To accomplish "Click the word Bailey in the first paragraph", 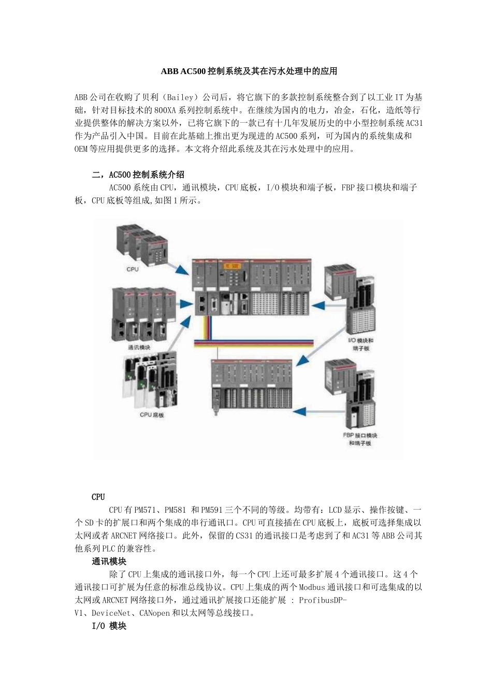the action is tap(181, 97).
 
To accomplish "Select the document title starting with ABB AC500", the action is tap(249, 71).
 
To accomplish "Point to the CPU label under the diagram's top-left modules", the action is tap(133, 269).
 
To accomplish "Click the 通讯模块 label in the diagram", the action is tap(139, 347).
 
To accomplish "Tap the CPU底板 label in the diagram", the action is tap(152, 415).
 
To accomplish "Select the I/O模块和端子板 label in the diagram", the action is tap(360, 344).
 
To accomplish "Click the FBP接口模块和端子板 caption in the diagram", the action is tap(360, 439).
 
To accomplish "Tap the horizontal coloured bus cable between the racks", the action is tap(253, 343).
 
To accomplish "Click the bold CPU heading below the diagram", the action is tap(98, 497).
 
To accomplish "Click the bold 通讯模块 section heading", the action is tap(109, 561).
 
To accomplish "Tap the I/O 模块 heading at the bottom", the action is tap(109, 626).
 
